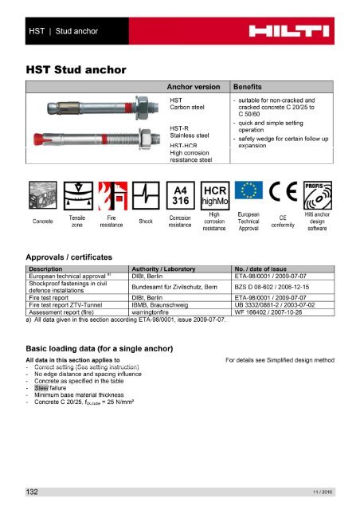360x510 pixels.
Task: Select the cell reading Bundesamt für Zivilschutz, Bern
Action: pyautogui.click(x=178, y=284)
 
